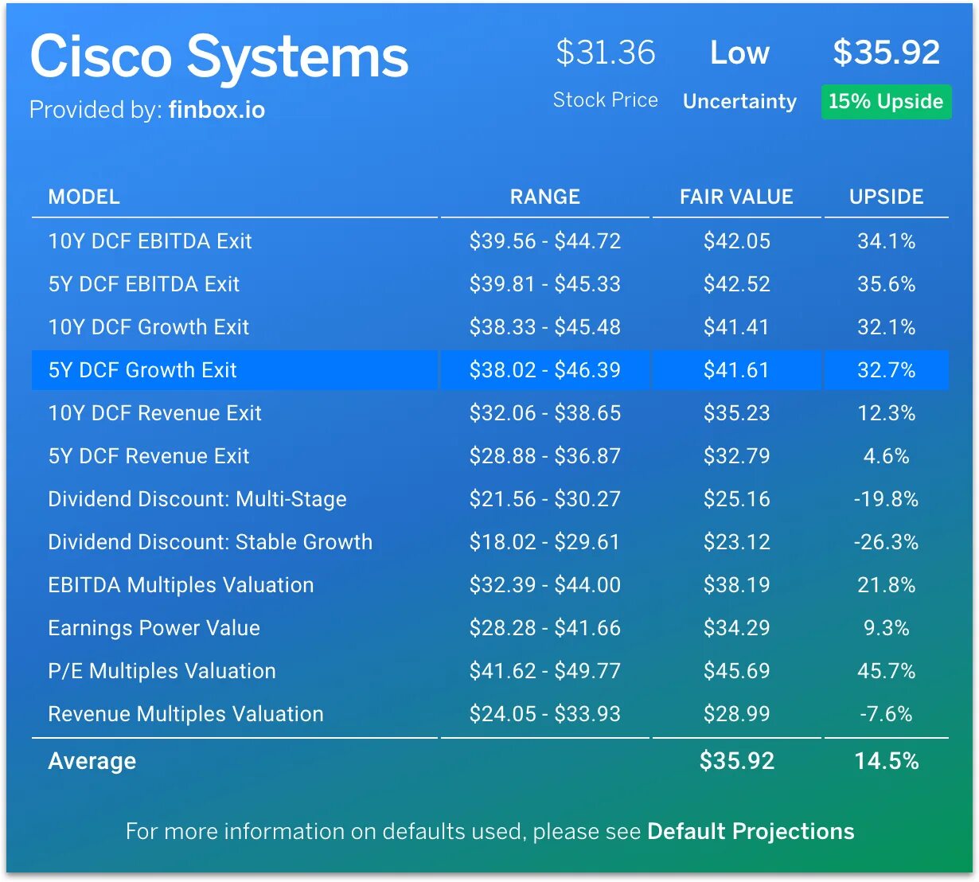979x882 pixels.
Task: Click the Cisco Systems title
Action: click(x=219, y=57)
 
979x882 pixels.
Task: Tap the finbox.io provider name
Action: click(x=216, y=110)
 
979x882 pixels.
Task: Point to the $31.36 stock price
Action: click(x=605, y=53)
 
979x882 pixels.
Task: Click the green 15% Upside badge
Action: click(x=886, y=102)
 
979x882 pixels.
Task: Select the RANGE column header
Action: click(x=544, y=197)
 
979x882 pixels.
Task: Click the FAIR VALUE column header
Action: click(x=736, y=197)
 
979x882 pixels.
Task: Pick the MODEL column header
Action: click(x=84, y=197)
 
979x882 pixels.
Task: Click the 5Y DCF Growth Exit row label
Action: click(x=142, y=370)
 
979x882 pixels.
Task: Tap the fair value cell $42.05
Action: click(x=736, y=241)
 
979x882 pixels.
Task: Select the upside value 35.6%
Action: click(x=886, y=284)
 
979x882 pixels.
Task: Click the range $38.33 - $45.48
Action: click(x=544, y=327)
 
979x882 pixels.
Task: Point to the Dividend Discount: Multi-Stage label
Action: click(x=197, y=499)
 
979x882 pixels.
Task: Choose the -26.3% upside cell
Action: click(x=886, y=542)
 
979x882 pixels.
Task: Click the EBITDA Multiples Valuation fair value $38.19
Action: click(x=736, y=585)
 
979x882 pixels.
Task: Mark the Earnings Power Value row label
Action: click(x=154, y=628)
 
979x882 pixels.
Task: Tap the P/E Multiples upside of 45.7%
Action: click(x=886, y=671)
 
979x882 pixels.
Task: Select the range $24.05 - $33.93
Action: click(x=544, y=714)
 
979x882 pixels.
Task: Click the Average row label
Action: click(x=92, y=761)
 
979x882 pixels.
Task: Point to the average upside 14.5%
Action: click(x=886, y=761)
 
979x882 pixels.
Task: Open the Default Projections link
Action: click(x=751, y=831)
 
